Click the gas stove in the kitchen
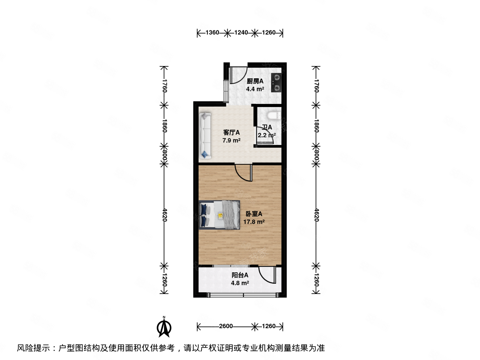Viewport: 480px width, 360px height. pyautogui.click(x=276, y=83)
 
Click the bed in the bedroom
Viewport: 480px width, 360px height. pyautogui.click(x=219, y=215)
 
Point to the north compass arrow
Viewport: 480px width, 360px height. pyautogui.click(x=164, y=327)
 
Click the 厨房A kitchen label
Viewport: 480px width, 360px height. pyautogui.click(x=255, y=81)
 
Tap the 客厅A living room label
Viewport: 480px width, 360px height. pyautogui.click(x=231, y=132)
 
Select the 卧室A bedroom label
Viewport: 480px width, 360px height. pyautogui.click(x=254, y=214)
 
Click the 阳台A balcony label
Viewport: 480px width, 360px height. pyautogui.click(x=240, y=275)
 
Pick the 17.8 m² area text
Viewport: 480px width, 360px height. pyautogui.click(x=254, y=222)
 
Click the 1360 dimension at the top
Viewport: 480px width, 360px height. pyautogui.click(x=212, y=33)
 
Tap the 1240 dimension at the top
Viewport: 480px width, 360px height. pyautogui.click(x=241, y=33)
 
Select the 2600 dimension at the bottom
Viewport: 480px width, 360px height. pyautogui.click(x=226, y=326)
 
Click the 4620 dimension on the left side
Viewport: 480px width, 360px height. pyautogui.click(x=164, y=215)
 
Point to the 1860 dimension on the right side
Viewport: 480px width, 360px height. pyautogui.click(x=316, y=126)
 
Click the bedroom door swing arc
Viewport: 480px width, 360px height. pyautogui.click(x=243, y=173)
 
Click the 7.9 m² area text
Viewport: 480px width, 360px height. pyautogui.click(x=231, y=140)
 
